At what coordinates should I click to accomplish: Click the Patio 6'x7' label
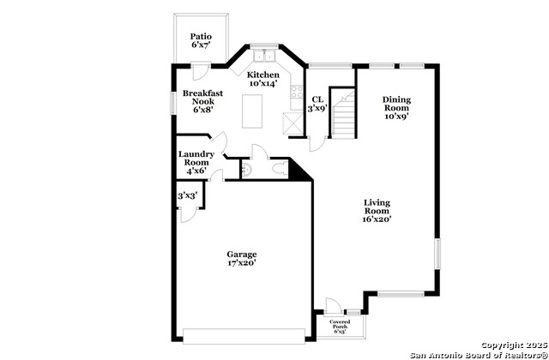[x=201, y=40]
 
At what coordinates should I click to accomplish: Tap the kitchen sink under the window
[x=264, y=56]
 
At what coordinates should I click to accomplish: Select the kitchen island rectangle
[x=252, y=111]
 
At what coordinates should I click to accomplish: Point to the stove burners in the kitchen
[x=297, y=92]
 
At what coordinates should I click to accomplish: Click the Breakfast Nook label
[x=202, y=101]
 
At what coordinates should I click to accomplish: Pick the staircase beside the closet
[x=343, y=112]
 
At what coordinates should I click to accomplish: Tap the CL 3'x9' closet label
[x=317, y=104]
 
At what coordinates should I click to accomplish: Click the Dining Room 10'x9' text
[x=396, y=108]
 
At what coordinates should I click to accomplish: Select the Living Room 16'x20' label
[x=377, y=211]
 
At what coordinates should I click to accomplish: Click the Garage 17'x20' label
[x=242, y=259]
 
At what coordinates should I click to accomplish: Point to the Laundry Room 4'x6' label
[x=196, y=162]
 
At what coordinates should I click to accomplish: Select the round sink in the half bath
[x=246, y=170]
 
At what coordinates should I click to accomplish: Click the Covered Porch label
[x=340, y=326]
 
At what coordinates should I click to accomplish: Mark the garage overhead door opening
[x=244, y=336]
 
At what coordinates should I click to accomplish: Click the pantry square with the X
[x=293, y=123]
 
